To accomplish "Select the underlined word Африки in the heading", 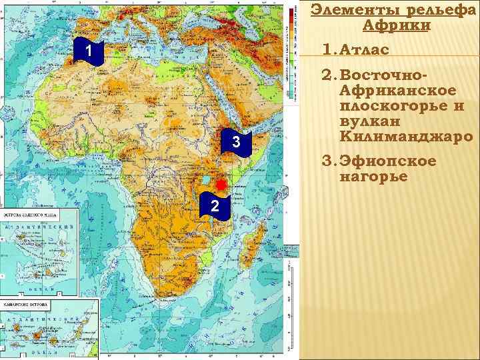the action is click(397, 26).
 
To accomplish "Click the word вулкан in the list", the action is click(365, 121).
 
